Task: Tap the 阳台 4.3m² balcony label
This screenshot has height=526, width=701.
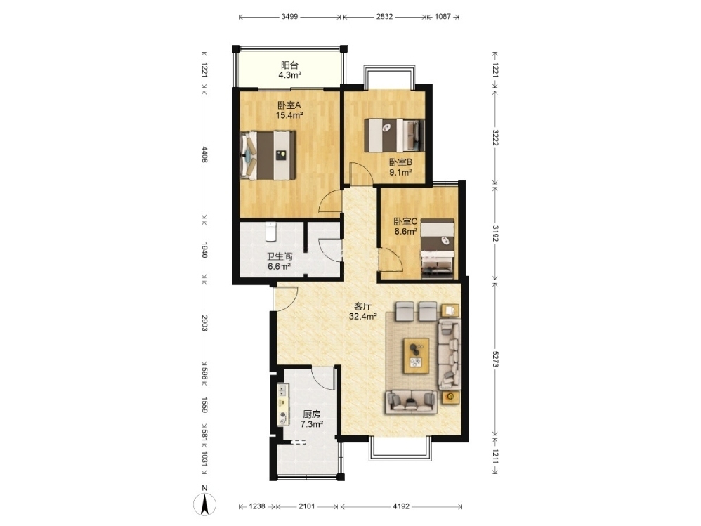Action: click(289, 70)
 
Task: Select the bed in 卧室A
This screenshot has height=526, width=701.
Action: click(268, 155)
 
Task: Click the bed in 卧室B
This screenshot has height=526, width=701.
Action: click(394, 135)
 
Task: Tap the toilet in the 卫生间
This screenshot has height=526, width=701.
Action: click(271, 232)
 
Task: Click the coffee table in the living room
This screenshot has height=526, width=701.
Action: click(417, 355)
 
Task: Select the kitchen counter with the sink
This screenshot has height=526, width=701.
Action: click(284, 405)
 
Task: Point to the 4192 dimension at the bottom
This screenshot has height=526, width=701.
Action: click(401, 506)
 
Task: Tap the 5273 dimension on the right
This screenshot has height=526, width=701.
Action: click(495, 358)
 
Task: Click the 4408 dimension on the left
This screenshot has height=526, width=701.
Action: click(204, 154)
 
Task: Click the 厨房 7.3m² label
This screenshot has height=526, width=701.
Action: click(312, 419)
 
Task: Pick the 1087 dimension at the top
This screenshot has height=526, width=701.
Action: click(443, 17)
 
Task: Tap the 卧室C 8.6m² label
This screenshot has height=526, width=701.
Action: click(405, 226)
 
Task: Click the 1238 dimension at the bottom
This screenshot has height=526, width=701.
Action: click(257, 506)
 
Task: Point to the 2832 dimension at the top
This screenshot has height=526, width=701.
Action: click(384, 17)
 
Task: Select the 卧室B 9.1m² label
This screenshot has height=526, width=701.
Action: click(400, 167)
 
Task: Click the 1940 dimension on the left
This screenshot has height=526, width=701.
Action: click(204, 250)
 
